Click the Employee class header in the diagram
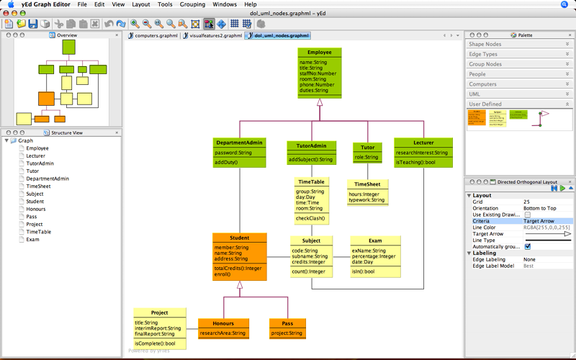tap(319, 53)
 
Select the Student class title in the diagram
tap(239, 238)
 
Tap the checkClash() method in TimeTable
tap(310, 218)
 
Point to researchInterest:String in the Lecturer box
tap(421, 153)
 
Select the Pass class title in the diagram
tap(287, 323)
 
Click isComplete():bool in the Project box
tap(160, 343)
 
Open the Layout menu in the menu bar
tap(141, 4)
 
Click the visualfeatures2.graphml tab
tap(214, 35)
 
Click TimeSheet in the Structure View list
tap(39, 186)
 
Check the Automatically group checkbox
tap(528, 246)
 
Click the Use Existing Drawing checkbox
tap(528, 215)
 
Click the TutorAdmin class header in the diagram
tap(307, 145)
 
